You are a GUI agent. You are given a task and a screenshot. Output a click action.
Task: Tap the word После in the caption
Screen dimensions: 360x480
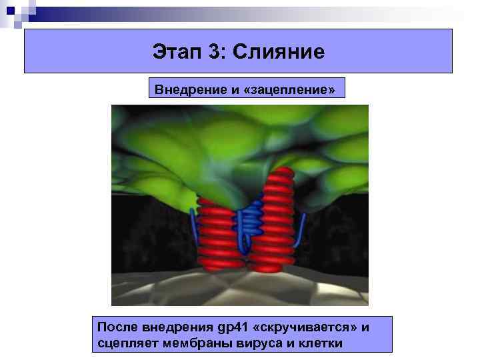[118, 327]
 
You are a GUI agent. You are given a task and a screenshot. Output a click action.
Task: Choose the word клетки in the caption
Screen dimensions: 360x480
[316, 343]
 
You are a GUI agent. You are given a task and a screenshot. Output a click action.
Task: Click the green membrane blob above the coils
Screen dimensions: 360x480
[220, 147]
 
